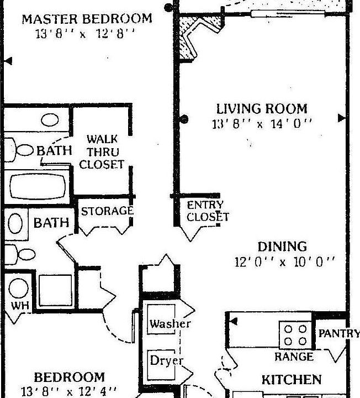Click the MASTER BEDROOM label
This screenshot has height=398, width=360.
[x=87, y=19]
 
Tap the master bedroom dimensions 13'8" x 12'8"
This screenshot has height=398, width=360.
[x=86, y=33]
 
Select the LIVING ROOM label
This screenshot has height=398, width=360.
[x=261, y=108]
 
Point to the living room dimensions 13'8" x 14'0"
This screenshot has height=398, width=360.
[x=262, y=124]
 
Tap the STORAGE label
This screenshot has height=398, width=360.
[x=107, y=211]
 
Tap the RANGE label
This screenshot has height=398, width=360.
[x=294, y=357]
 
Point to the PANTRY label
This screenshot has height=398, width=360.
[x=338, y=334]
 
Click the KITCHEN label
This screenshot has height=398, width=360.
[x=291, y=380]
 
